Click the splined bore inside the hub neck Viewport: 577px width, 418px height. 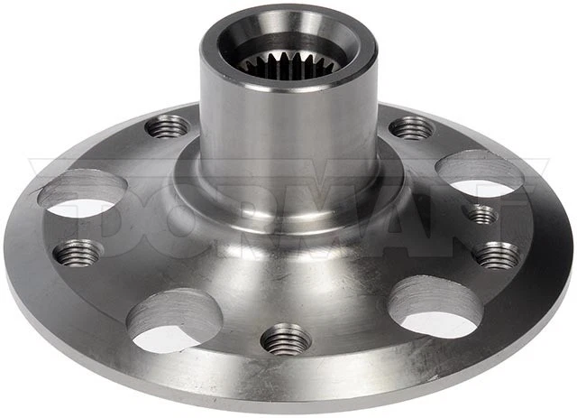pos(274,62)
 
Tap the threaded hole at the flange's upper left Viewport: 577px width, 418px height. pos(168,127)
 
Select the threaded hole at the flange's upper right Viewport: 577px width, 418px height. pos(411,128)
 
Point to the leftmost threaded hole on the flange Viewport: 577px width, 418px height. pos(78,253)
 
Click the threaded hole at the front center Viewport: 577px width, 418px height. pos(286,339)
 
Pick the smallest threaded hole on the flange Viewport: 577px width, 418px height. pos(482,214)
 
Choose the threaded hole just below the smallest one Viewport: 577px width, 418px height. pos(497,255)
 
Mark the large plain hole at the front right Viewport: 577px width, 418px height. pos(435,307)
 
